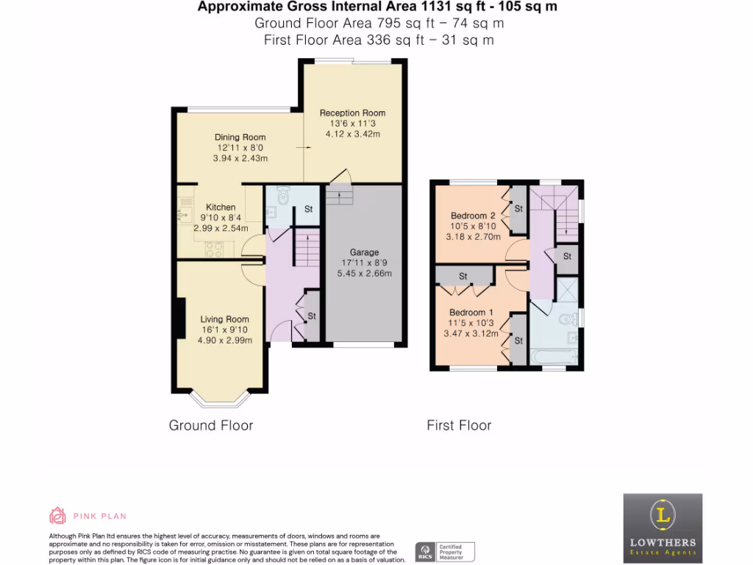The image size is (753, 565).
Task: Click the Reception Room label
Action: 352,113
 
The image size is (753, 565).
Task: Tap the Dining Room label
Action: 240,138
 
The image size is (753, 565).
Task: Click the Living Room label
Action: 225,319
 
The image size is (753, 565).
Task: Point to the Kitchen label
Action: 221,207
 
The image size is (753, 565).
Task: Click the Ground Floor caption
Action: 211,425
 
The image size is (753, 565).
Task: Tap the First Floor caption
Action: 459,425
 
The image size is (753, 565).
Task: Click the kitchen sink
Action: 182,214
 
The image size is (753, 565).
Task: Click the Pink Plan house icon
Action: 57,514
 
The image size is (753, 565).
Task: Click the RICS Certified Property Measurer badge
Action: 445,551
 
